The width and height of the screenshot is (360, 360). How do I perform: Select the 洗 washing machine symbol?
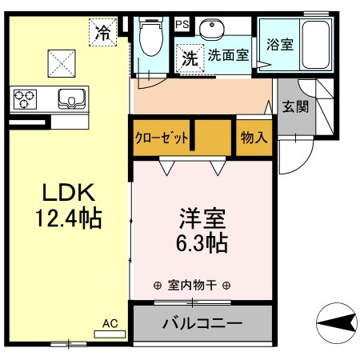coord(189,58)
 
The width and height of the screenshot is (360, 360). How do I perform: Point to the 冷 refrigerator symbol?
coord(103,33)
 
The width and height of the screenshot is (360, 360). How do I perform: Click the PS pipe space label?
coord(182,24)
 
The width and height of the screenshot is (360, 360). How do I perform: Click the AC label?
coord(110,323)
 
